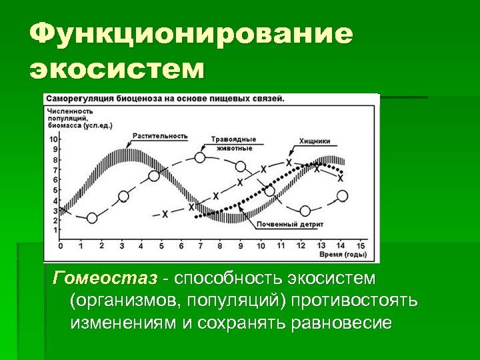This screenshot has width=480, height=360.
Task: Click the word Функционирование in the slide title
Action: click(191, 35)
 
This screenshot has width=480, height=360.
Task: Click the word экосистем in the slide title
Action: click(117, 68)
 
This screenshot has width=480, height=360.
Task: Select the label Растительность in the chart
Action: click(159, 135)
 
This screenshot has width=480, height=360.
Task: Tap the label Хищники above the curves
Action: click(315, 141)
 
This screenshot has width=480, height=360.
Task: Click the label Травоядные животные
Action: click(233, 143)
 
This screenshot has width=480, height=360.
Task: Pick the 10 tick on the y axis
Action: click(54, 139)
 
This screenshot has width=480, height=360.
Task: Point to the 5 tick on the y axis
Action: click(55, 190)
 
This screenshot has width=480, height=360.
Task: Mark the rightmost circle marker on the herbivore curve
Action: click(342, 196)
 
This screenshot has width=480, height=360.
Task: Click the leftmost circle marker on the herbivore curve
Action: click(92, 218)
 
